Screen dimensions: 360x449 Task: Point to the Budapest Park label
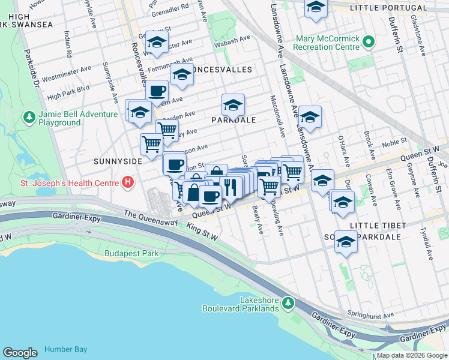coord(131,253)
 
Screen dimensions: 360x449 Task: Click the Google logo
coord(20,352)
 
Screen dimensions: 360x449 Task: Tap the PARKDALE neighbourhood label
coord(234,120)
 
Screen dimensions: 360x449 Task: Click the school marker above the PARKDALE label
coord(233,105)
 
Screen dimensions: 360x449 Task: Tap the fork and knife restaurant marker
coord(231,187)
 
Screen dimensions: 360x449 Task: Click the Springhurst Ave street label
coord(371,314)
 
